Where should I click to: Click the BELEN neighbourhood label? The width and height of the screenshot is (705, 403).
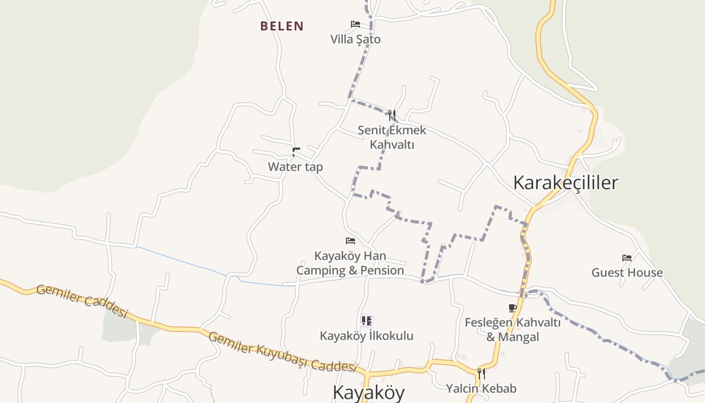(x=282, y=26)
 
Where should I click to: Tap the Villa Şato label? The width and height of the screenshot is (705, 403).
(x=356, y=39)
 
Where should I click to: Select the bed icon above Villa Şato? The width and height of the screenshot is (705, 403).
(x=356, y=24)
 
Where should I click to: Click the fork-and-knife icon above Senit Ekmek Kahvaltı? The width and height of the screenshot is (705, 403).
(x=392, y=115)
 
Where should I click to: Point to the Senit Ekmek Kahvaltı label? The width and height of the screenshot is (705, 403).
(x=392, y=137)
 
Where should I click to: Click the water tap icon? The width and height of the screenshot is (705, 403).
(x=296, y=151)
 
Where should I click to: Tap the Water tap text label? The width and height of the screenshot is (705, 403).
(x=295, y=167)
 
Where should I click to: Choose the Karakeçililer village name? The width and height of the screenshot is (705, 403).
(x=566, y=182)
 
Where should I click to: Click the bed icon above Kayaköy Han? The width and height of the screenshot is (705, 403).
(x=350, y=241)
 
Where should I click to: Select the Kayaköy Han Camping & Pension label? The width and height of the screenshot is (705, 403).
(x=350, y=263)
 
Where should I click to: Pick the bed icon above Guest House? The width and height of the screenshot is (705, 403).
(x=627, y=258)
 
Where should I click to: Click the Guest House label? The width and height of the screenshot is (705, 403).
(x=627, y=273)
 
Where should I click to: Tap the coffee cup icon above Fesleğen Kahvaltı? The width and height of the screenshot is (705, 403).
(x=513, y=308)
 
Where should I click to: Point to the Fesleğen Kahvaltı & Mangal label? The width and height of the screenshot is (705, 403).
(x=513, y=329)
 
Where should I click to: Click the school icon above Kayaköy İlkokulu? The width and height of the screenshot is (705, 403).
(x=367, y=320)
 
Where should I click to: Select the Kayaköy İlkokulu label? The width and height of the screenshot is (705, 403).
(x=367, y=335)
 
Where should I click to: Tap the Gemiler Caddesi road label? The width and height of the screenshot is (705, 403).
(x=82, y=301)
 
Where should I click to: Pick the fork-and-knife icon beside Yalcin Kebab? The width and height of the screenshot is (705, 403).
(x=481, y=374)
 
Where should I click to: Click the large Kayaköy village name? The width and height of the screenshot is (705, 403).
(x=369, y=392)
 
